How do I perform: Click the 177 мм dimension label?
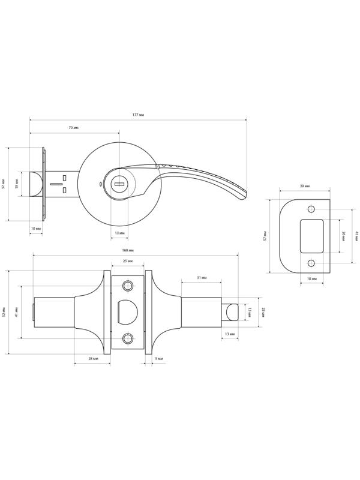click(x=137, y=114)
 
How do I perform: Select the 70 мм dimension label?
click(x=74, y=128)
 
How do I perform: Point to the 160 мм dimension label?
click(x=127, y=250)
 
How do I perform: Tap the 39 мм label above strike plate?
click(x=305, y=187)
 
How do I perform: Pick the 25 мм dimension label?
click(x=127, y=262)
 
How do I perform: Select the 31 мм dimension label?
click(x=202, y=278)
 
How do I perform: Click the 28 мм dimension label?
click(x=93, y=358)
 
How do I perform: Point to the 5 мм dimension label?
click(x=158, y=358)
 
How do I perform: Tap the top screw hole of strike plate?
click(x=311, y=209)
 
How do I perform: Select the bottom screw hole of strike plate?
click(x=311, y=264)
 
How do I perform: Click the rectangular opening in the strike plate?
click(x=311, y=236)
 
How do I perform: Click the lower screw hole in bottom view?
click(x=127, y=340)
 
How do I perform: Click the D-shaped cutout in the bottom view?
click(x=127, y=310)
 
